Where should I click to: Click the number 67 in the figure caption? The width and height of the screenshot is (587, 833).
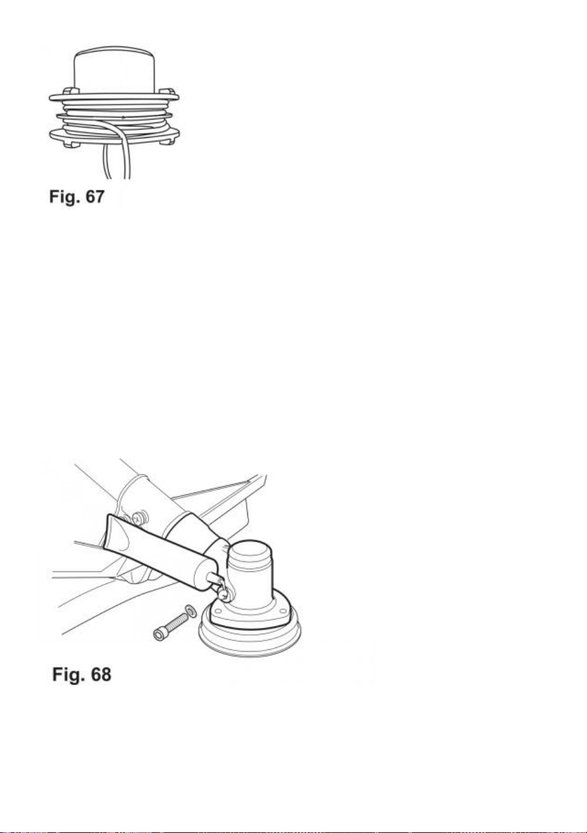click(x=95, y=196)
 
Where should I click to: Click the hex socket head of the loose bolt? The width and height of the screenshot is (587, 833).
click(x=160, y=634)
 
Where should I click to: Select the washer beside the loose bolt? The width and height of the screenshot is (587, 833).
click(x=191, y=610)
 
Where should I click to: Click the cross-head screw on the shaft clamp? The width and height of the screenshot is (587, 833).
click(x=138, y=517)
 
